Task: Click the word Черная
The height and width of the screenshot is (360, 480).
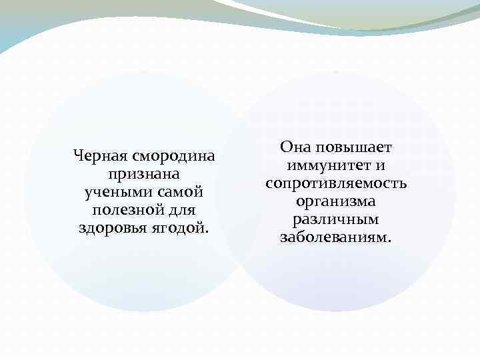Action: coord(99,157)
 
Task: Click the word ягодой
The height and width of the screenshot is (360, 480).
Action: coord(175,229)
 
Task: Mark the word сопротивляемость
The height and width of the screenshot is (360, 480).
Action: coord(336,183)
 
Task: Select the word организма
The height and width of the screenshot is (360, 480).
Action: coord(336,201)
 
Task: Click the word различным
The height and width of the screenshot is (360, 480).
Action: coord(336,219)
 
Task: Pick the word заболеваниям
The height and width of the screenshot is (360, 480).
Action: coord(333,237)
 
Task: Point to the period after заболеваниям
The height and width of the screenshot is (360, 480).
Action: coord(391,240)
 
